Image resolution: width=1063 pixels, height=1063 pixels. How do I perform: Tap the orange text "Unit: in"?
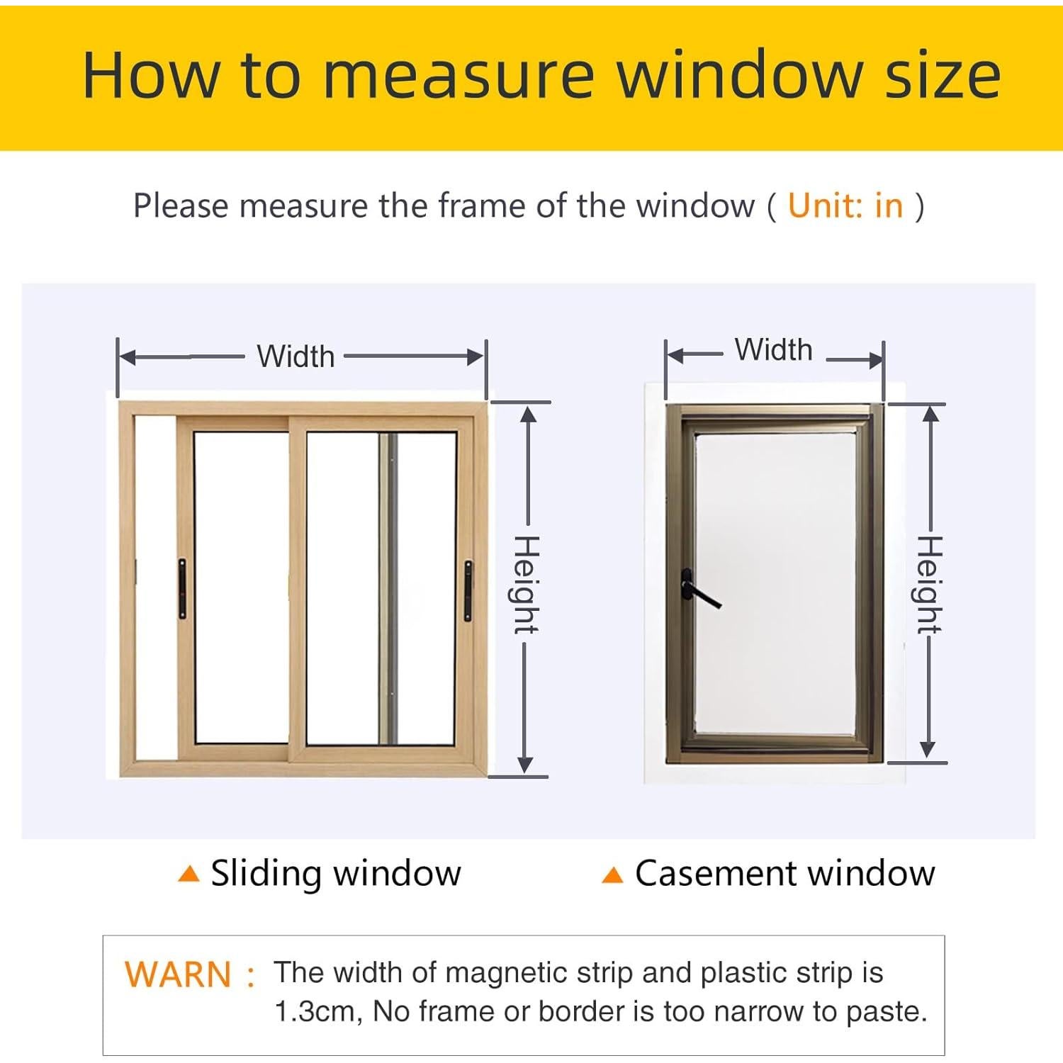(x=845, y=206)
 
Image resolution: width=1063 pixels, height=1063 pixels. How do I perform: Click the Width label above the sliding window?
(x=296, y=356)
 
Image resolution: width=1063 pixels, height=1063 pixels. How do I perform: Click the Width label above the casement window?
(x=773, y=350)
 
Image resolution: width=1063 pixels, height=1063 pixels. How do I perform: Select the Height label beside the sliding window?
(x=526, y=585)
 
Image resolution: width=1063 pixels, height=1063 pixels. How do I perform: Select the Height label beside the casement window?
(x=929, y=585)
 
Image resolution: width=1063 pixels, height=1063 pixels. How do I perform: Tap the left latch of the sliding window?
(x=182, y=589)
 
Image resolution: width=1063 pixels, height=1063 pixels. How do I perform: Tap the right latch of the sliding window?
(x=468, y=590)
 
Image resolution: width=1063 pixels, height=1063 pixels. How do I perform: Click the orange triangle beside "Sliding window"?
(x=189, y=874)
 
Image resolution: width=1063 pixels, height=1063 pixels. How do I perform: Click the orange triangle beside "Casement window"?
(x=612, y=876)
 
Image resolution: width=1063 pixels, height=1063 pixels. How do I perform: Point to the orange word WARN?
(x=178, y=975)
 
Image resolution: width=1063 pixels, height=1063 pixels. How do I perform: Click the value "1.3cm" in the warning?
(x=318, y=1012)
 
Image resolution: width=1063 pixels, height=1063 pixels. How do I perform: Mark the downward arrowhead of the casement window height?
(x=928, y=751)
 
